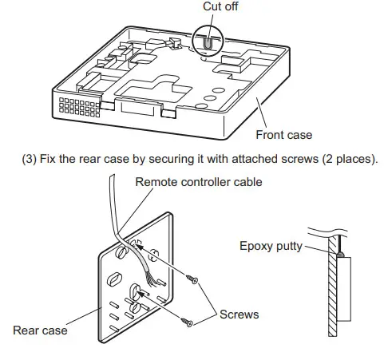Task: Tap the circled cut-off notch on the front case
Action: click(208, 42)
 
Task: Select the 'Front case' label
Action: click(283, 135)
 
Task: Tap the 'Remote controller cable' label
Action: click(199, 182)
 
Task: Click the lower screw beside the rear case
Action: click(188, 322)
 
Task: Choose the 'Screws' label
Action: click(240, 315)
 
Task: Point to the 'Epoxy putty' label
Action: click(271, 246)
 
